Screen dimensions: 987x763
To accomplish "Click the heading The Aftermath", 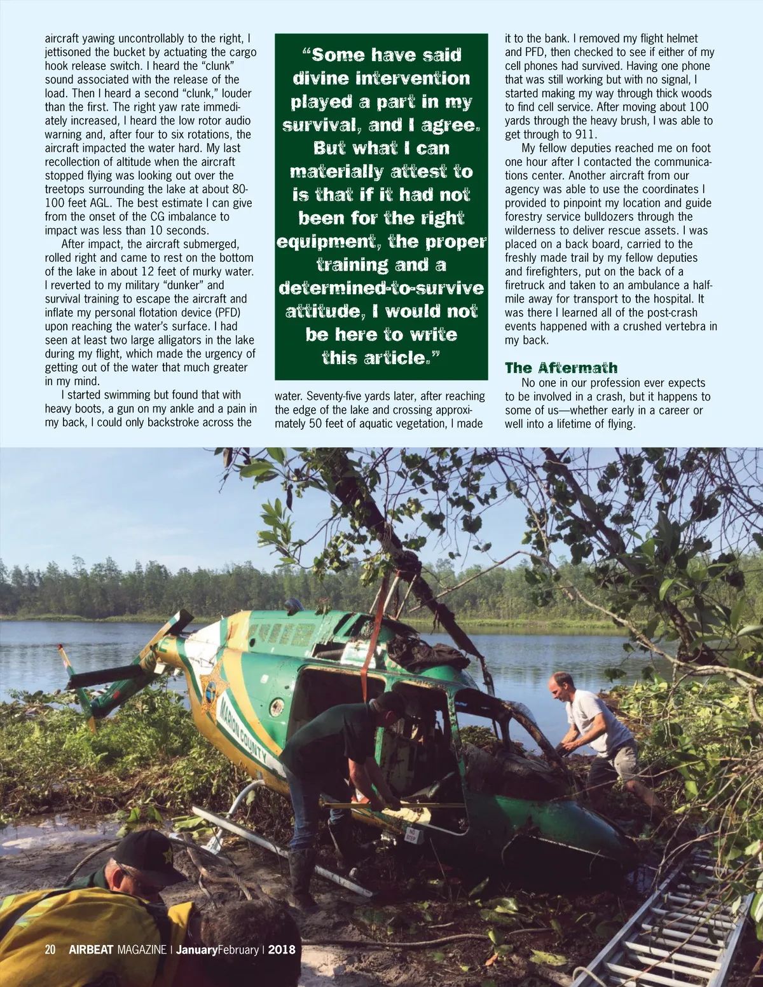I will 561,367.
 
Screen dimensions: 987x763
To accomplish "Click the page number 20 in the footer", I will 50,950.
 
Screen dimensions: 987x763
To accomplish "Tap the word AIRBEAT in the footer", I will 91,950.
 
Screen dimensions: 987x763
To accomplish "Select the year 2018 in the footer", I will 282,950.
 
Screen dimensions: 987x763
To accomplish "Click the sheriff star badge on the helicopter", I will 213,686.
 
